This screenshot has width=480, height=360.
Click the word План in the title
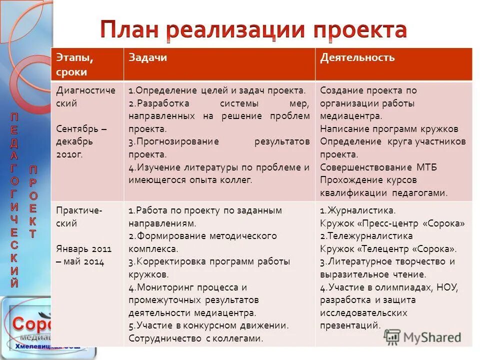(x=130, y=30)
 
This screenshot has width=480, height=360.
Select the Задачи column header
(x=148, y=58)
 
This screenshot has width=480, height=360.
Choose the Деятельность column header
(x=357, y=58)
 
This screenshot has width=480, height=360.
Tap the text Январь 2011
(x=84, y=248)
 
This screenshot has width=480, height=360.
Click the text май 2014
(x=83, y=261)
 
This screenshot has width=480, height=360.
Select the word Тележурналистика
(x=369, y=235)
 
